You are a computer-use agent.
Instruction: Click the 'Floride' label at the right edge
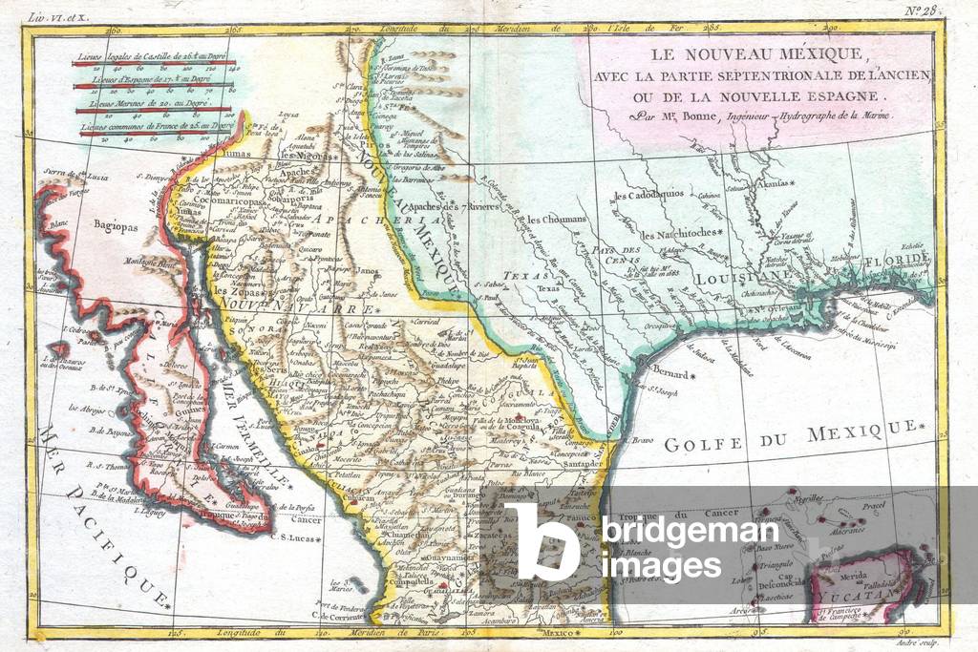(897, 260)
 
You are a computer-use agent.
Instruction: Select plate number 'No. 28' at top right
(925, 11)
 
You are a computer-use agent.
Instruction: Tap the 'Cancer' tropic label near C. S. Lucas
(308, 521)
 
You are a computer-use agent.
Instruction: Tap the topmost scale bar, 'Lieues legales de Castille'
(153, 64)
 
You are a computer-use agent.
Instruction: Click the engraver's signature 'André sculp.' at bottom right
(915, 643)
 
